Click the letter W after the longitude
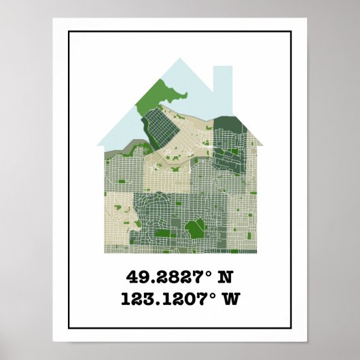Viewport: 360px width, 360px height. coord(232,298)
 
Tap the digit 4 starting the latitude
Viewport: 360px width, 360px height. coord(132,278)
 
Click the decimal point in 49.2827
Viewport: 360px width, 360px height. coord(150,282)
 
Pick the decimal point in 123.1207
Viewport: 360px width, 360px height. coord(160,302)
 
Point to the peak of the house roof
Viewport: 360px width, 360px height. coord(180,60)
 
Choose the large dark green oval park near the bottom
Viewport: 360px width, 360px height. coord(195,228)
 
